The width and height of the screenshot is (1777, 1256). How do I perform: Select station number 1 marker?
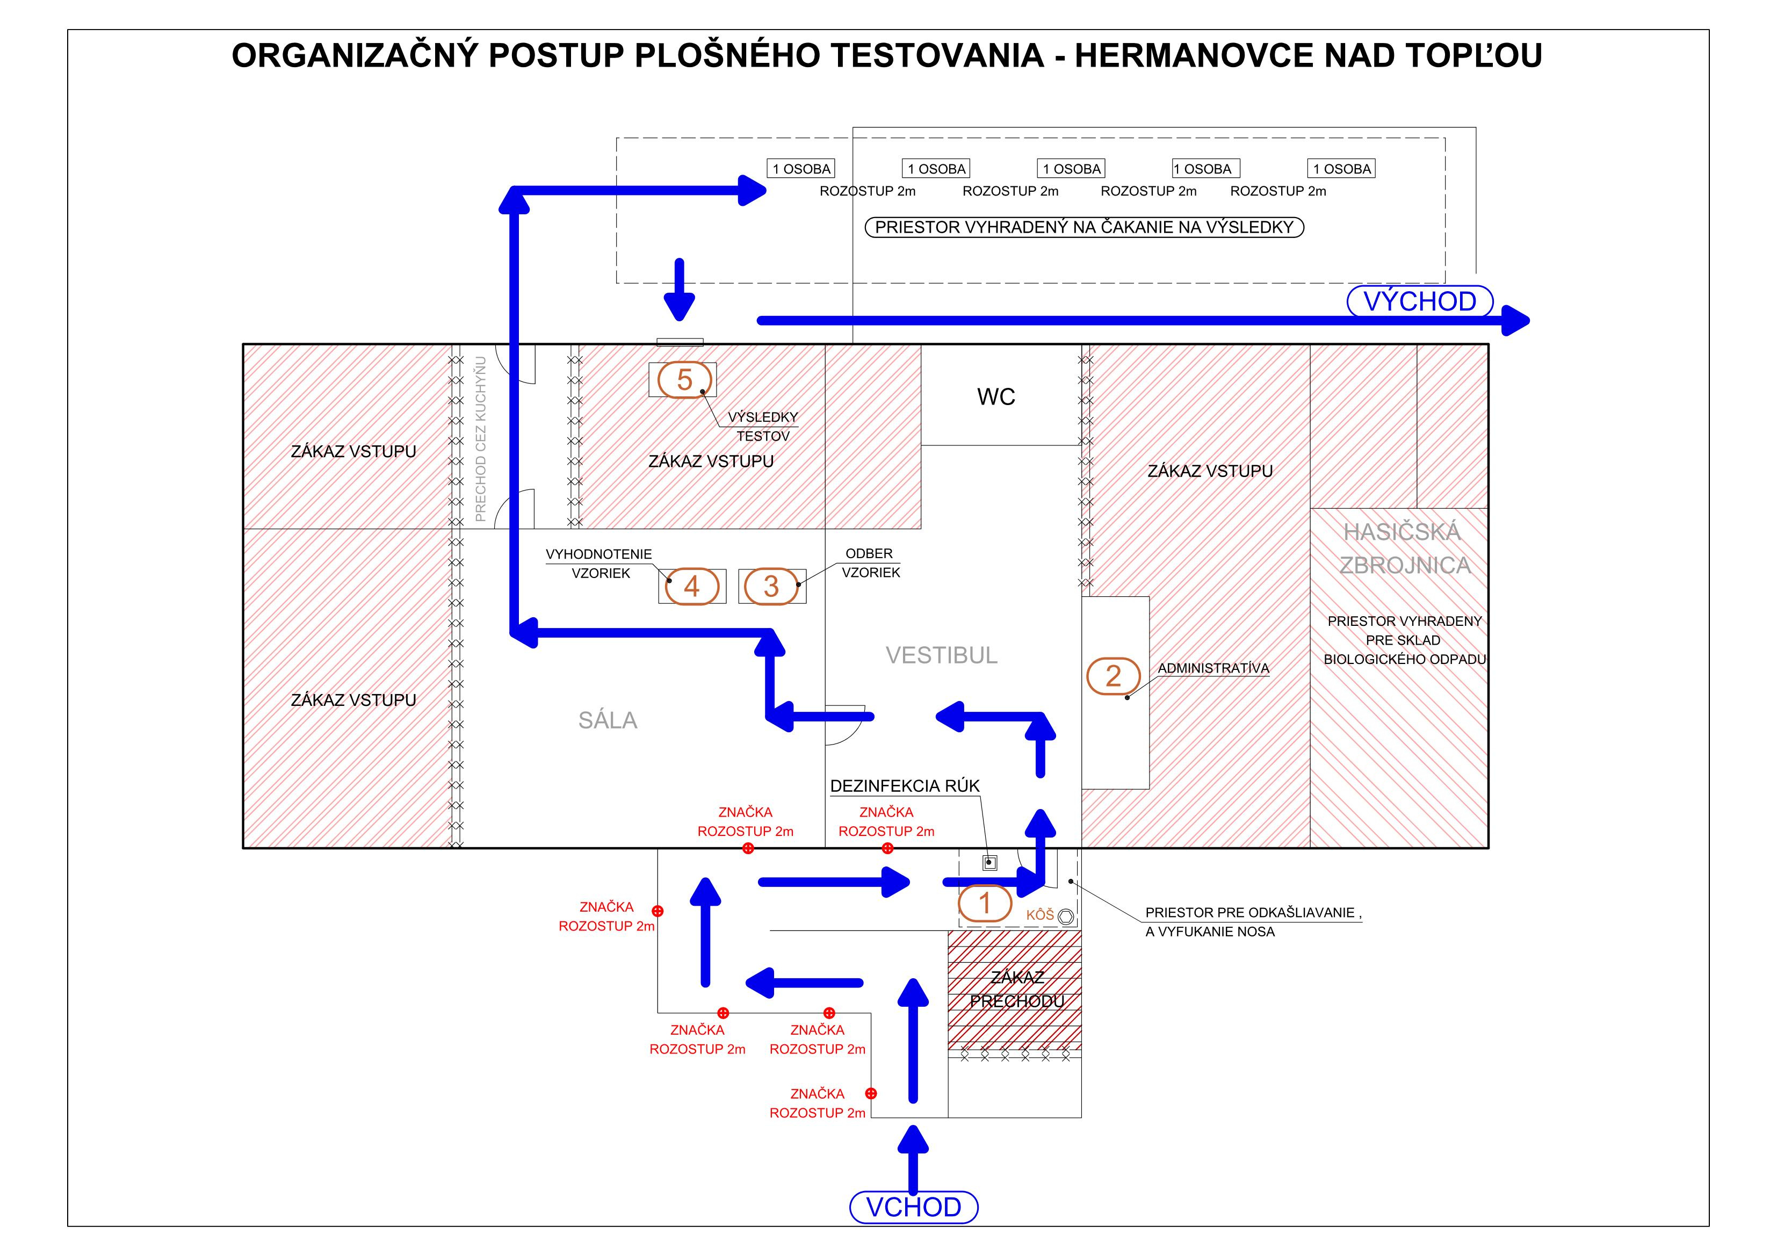pyautogui.click(x=985, y=903)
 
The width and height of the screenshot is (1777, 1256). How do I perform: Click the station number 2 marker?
pyautogui.click(x=1113, y=676)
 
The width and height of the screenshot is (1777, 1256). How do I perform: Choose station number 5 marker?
pyautogui.click(x=684, y=380)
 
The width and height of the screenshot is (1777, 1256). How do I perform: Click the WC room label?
pyautogui.click(x=996, y=397)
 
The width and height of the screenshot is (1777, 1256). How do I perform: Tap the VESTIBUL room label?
pyautogui.click(x=941, y=655)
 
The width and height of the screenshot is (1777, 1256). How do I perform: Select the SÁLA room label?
pyautogui.click(x=608, y=720)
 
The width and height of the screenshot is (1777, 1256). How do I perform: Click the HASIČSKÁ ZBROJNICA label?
pyautogui.click(x=1405, y=548)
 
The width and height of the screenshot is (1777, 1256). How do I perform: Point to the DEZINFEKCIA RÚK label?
pyautogui.click(x=905, y=786)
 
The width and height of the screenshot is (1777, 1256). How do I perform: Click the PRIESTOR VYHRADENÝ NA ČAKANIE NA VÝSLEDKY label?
pyautogui.click(x=1085, y=228)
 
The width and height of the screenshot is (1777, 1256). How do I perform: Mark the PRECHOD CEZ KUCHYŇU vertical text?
pyautogui.click(x=481, y=439)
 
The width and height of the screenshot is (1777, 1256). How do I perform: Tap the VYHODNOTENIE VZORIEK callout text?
pyautogui.click(x=599, y=564)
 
